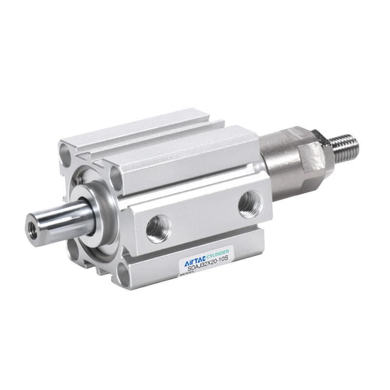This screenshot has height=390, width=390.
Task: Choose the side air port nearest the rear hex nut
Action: (249, 203)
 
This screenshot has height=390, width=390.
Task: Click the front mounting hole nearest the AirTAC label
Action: (124, 276)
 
